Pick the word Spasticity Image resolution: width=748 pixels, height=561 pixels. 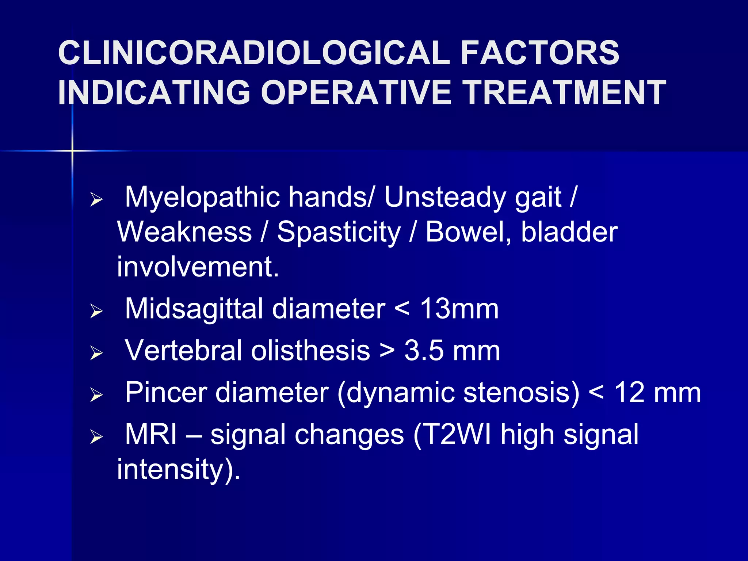(339, 232)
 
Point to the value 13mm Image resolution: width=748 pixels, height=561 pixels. (459, 309)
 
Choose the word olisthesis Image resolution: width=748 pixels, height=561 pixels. (310, 351)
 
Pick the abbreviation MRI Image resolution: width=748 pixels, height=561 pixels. (151, 435)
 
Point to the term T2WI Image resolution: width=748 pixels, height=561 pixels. (457, 435)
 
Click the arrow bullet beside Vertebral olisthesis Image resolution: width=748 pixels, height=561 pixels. (96, 353)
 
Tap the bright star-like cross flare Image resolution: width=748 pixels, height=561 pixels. (72, 150)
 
